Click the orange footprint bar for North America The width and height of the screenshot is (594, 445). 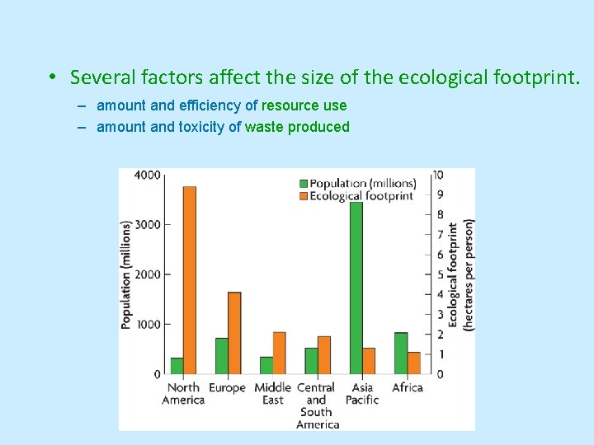pos(190,280)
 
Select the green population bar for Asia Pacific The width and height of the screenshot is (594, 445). pos(356,288)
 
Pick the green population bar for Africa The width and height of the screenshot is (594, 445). pos(401,354)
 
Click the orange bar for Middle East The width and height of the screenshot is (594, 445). pos(279,353)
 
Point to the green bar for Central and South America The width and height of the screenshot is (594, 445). pos(311,361)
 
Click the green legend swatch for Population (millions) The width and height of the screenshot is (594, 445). pos(304,183)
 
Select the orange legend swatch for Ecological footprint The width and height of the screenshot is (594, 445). pos(304,196)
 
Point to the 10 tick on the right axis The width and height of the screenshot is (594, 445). pos(437,175)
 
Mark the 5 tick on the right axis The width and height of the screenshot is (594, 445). pos(439,274)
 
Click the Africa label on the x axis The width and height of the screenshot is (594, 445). pos(408,387)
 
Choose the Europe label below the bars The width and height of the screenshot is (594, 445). pos(227,387)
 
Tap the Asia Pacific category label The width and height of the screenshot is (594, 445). pos(362,393)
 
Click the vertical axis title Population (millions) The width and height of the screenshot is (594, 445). pos(126,274)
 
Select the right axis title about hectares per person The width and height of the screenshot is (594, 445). pos(460,274)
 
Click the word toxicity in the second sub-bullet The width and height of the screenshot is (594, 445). pos(202,127)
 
